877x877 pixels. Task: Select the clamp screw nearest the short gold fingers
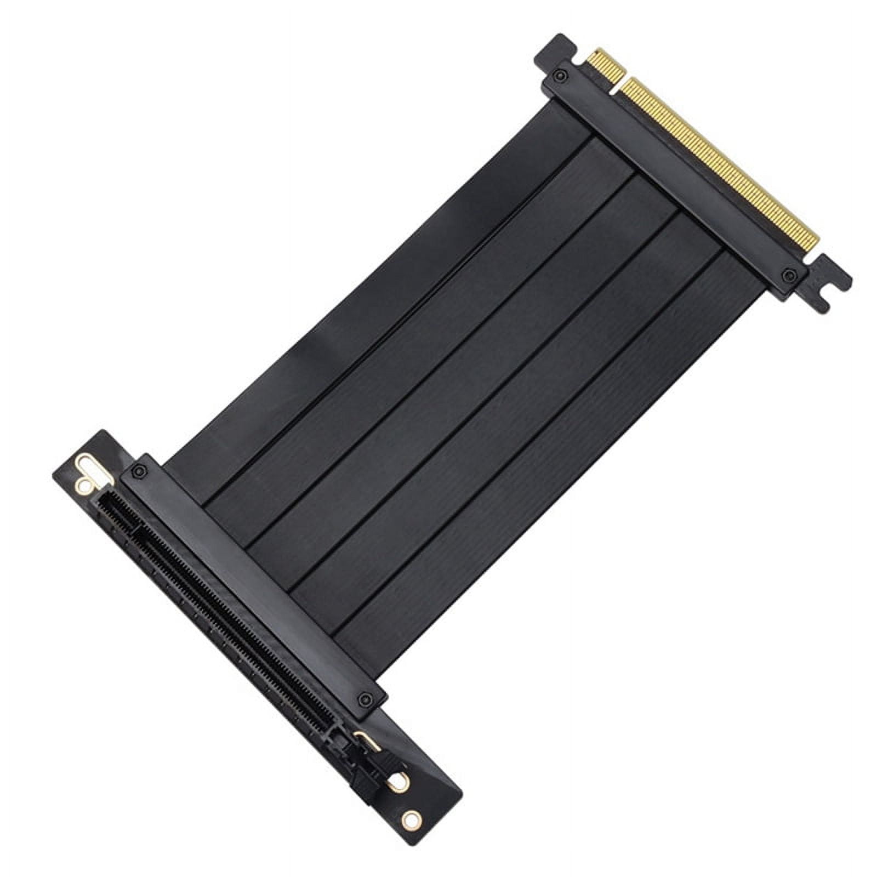click(x=559, y=75)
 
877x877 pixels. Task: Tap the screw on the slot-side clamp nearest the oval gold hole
click(x=140, y=471)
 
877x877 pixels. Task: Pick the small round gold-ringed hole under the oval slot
click(x=84, y=485)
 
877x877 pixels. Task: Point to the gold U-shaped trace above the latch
click(x=365, y=737)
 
